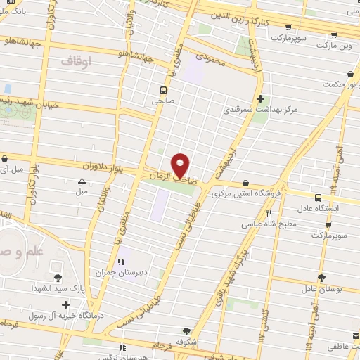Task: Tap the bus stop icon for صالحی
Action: (x=163, y=90)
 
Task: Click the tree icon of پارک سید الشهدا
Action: (x=58, y=277)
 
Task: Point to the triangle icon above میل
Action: (x=82, y=181)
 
